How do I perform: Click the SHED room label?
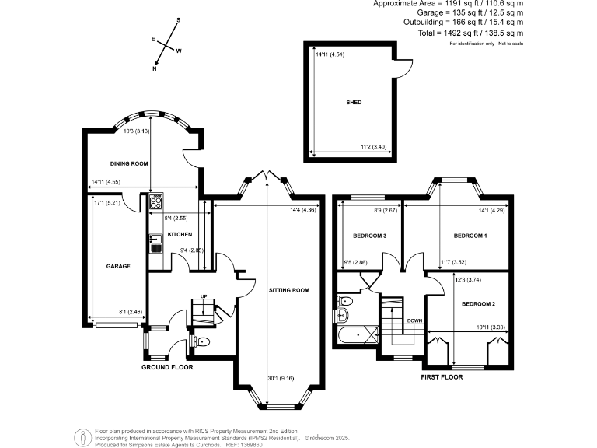coord(354,102)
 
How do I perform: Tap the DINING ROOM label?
coord(129,163)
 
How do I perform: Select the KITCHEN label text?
coord(180,234)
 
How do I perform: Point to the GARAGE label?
coord(118,266)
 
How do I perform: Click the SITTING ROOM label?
coord(289,290)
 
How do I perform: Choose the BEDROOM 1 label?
coord(470,235)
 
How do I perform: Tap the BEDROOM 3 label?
coord(370,235)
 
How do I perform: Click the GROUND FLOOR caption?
coord(167,367)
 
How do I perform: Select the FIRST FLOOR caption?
coord(442,376)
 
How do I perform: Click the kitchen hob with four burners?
coord(155,201)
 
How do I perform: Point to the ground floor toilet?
coord(201,341)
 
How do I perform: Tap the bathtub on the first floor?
coord(359,336)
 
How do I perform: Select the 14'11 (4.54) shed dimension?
coord(330,54)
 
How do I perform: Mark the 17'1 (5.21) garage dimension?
coord(106,204)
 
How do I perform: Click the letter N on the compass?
coord(155,69)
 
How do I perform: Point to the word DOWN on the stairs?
coord(414,320)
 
